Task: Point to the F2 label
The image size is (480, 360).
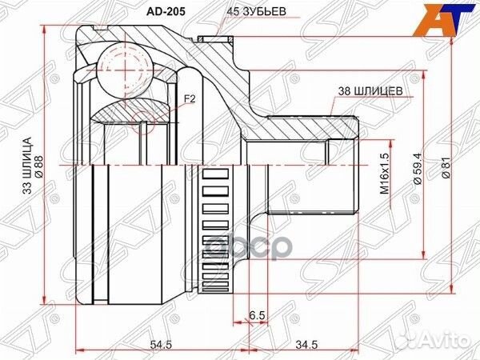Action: (x=190, y=99)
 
